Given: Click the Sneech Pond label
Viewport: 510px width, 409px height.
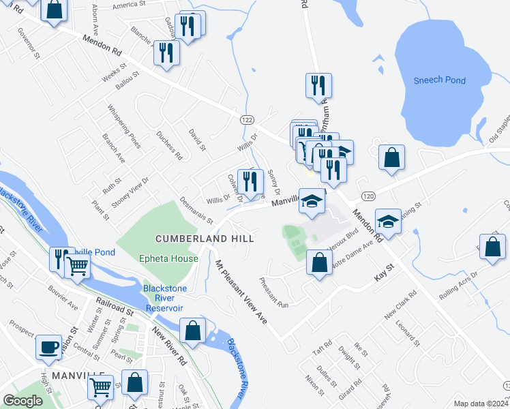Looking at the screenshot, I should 440,80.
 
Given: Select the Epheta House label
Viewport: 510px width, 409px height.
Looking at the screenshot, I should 168,259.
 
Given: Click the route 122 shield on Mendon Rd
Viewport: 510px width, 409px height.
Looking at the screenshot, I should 247,119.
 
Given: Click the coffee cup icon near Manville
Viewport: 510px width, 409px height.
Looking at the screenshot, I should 48,347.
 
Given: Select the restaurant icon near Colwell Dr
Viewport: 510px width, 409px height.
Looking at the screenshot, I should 250,181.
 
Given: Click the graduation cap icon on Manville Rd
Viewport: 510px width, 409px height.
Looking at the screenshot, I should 312,202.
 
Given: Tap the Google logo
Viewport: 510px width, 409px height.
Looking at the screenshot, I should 23,401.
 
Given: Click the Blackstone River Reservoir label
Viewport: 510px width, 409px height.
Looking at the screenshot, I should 164,298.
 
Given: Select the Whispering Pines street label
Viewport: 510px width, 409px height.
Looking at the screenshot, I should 124,126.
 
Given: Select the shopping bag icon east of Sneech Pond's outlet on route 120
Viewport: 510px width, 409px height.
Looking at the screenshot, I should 392,158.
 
